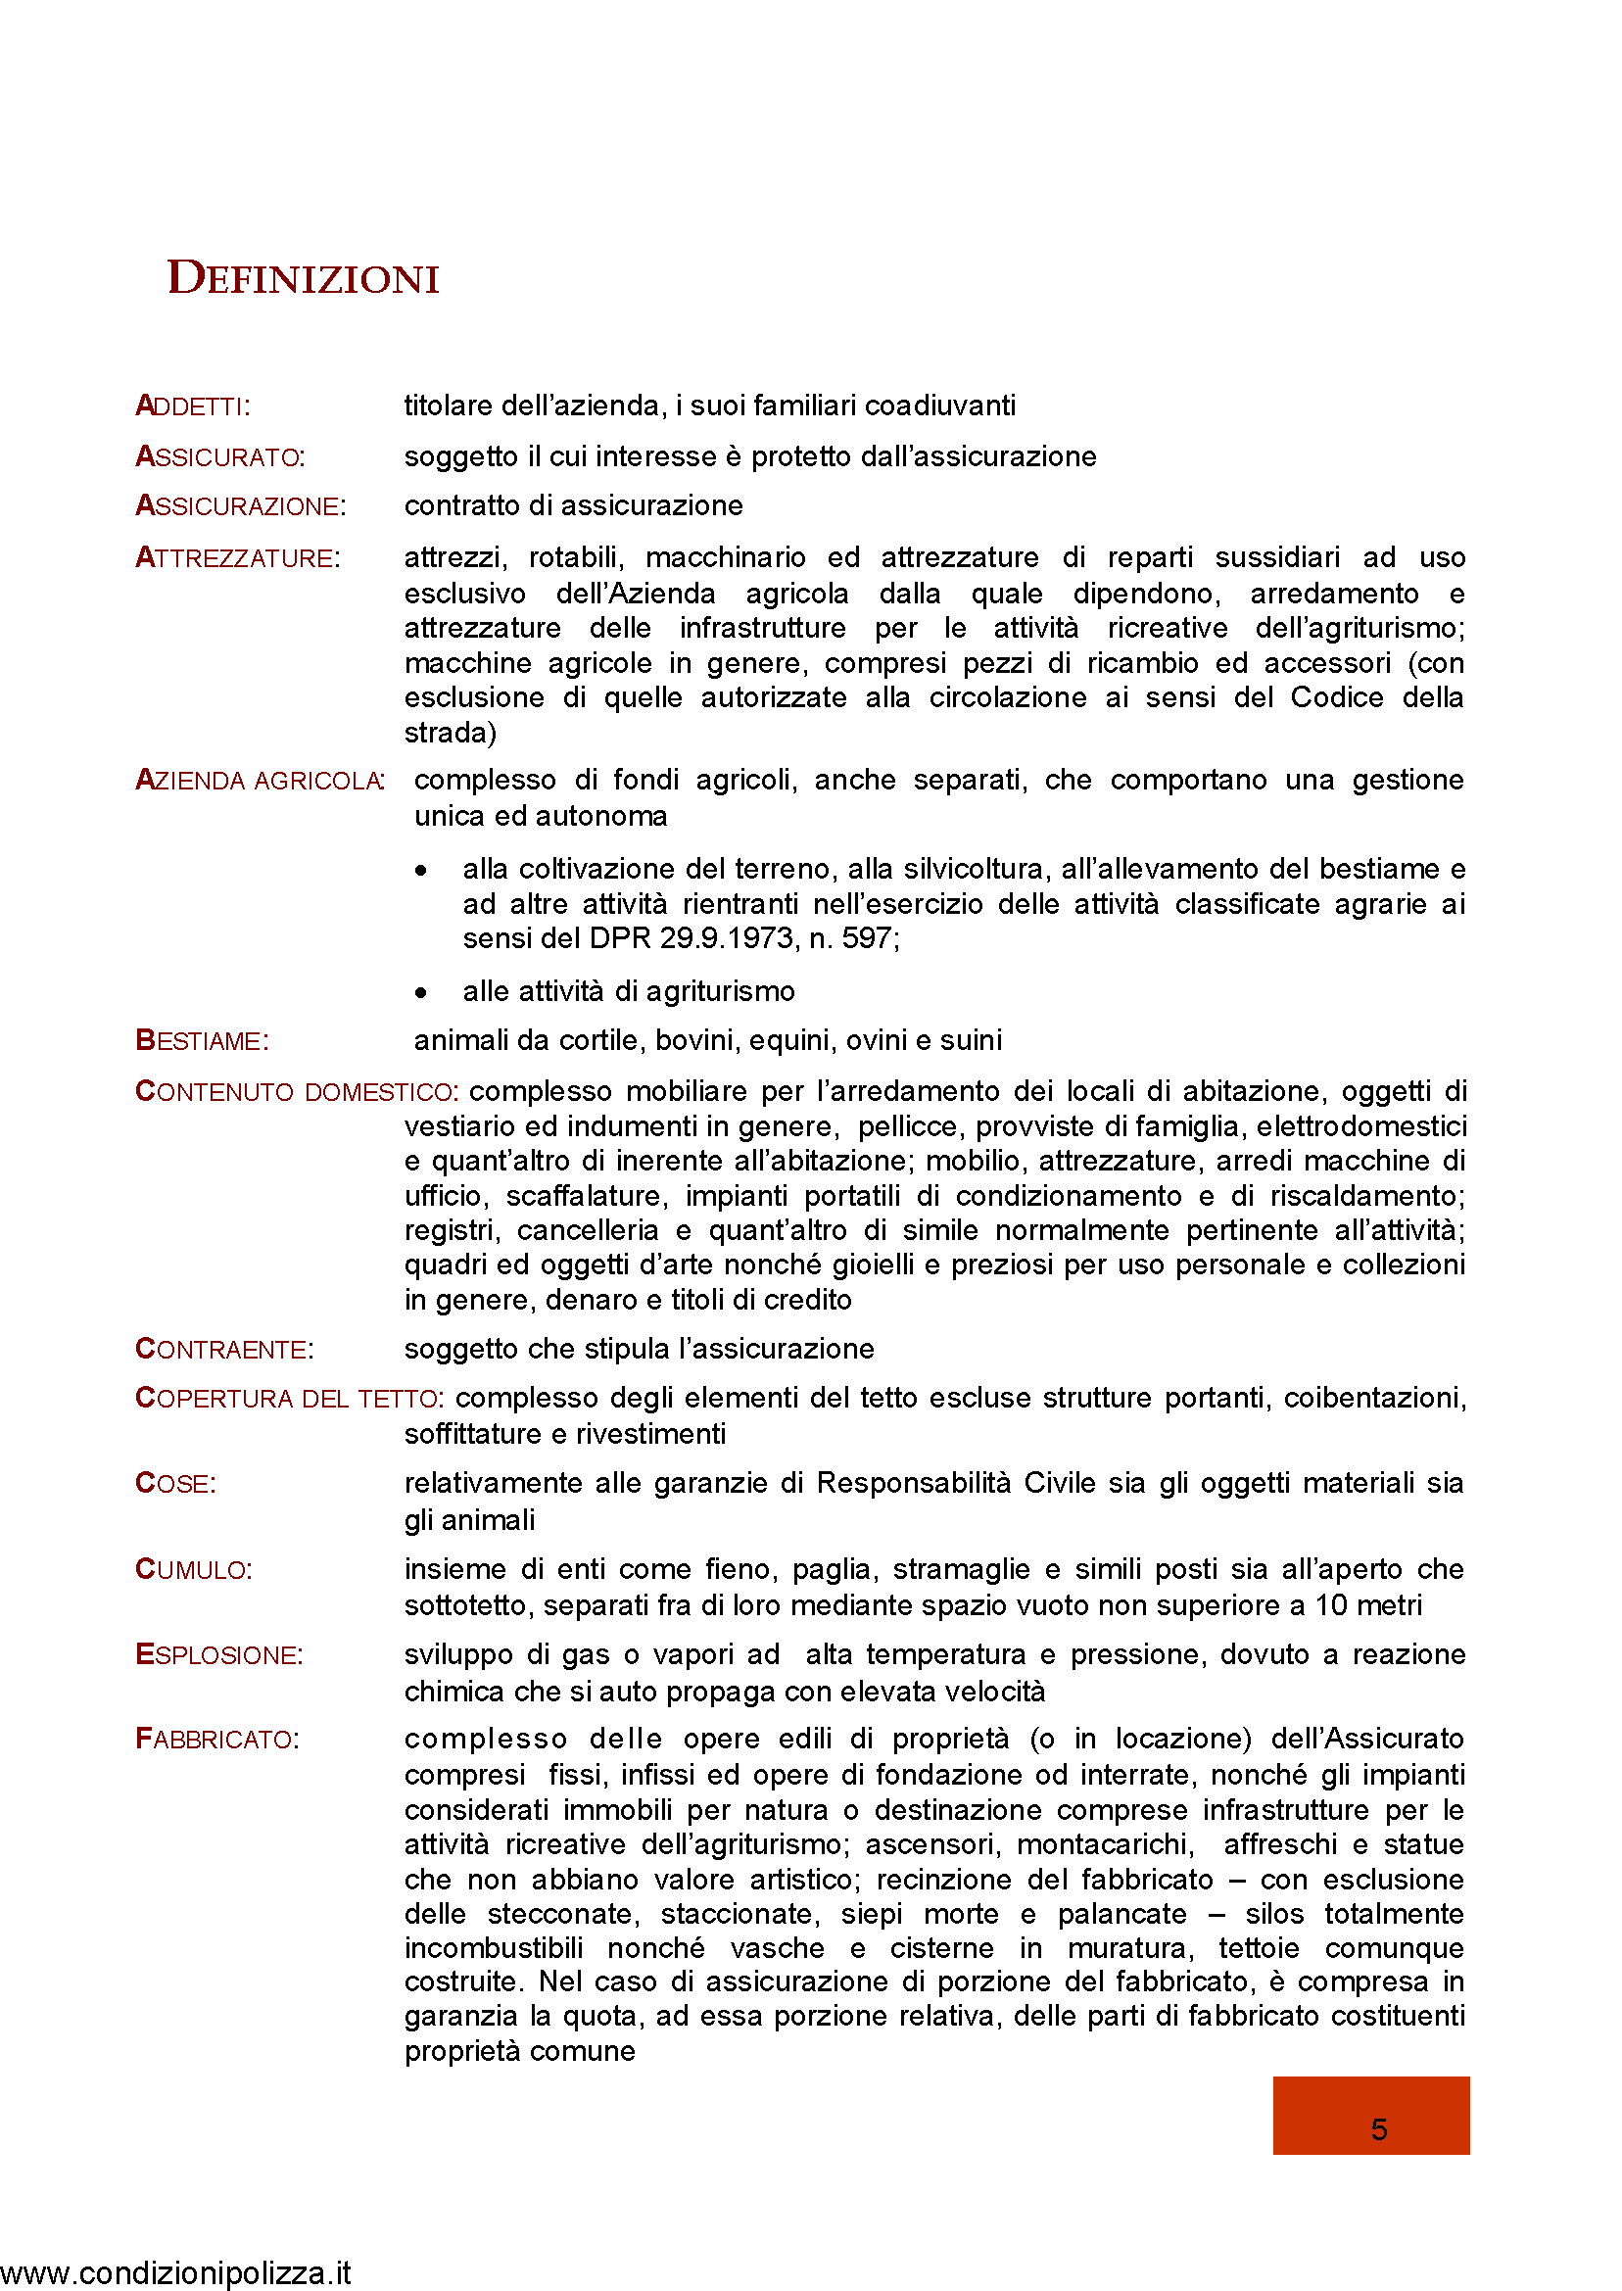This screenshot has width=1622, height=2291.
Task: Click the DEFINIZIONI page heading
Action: [303, 278]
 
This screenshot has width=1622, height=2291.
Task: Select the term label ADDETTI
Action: [192, 406]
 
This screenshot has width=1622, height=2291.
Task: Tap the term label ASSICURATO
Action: [219, 457]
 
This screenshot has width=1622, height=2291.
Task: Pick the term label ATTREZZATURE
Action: [238, 558]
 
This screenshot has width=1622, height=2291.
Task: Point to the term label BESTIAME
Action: [202, 1041]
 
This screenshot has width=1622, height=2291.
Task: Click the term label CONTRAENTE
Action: [223, 1351]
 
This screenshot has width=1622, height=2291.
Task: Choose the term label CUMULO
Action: [194, 1570]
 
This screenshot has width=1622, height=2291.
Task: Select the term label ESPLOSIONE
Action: [218, 1656]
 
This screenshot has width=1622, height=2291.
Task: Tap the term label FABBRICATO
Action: [216, 1740]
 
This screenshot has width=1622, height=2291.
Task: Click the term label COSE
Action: [174, 1484]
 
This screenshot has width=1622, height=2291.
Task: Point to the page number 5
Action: [1378, 2130]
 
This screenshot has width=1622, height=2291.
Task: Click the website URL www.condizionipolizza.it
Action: [175, 2273]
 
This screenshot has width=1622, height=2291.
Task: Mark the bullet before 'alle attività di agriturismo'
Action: [421, 992]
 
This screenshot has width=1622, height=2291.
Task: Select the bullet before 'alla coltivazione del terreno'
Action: [421, 871]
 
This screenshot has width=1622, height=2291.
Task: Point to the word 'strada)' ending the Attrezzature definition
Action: [450, 733]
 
